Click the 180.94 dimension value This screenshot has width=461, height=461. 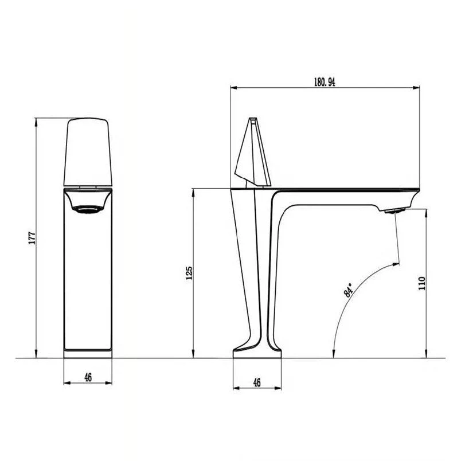click(325, 82)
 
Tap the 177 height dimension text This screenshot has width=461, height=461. click(32, 238)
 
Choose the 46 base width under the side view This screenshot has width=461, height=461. click(257, 382)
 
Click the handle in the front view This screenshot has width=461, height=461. click(88, 152)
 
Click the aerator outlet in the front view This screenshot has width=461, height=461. click(87, 210)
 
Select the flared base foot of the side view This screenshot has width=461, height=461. click(258, 350)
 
